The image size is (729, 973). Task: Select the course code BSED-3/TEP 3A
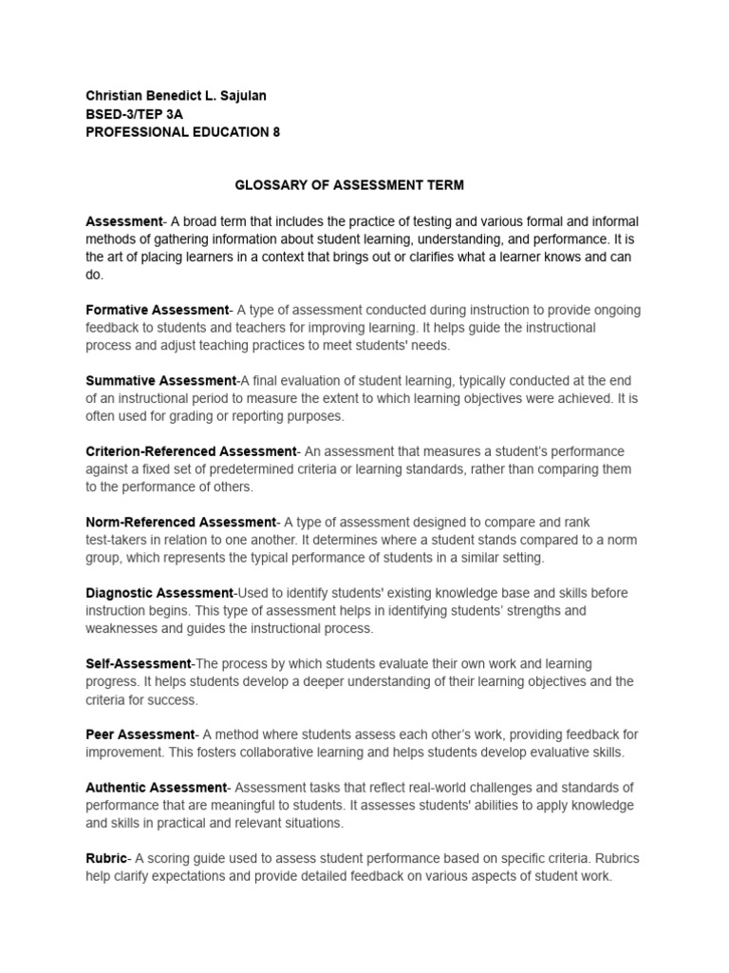point(134,113)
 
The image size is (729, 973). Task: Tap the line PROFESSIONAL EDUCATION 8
point(183,132)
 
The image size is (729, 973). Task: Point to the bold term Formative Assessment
point(158,310)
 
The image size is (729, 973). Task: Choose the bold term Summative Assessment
point(160,380)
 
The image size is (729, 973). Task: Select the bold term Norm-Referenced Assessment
point(180,523)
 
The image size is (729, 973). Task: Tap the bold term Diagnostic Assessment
point(159,593)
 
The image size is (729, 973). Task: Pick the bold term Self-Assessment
point(139,664)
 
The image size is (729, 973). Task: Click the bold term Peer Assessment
point(140,735)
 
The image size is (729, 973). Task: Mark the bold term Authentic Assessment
point(157,788)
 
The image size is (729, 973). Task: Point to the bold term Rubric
point(106,859)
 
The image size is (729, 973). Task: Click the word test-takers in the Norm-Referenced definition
point(120,540)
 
